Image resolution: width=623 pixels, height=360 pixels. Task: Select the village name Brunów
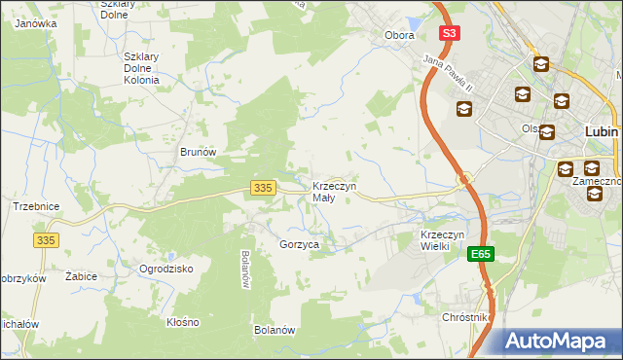coord(197,153)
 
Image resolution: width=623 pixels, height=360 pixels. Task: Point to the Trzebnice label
coord(36,206)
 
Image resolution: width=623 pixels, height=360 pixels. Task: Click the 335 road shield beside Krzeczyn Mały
coord(261,187)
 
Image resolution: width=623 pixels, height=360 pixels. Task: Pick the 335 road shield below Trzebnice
coord(46,239)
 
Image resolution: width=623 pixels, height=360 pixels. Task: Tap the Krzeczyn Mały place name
coord(334,192)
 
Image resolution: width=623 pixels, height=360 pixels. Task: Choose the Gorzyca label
coord(300,245)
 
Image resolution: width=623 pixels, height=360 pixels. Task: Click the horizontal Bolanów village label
coord(275,330)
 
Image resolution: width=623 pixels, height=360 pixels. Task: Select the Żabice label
coord(81,276)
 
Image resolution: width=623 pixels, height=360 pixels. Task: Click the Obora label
coord(399,35)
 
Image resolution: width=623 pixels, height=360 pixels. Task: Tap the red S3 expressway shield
coord(448,33)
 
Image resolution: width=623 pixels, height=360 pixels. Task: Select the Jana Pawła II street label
coord(447,73)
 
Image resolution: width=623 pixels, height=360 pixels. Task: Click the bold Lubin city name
coord(604,130)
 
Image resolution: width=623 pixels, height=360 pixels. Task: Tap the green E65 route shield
coord(480,254)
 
